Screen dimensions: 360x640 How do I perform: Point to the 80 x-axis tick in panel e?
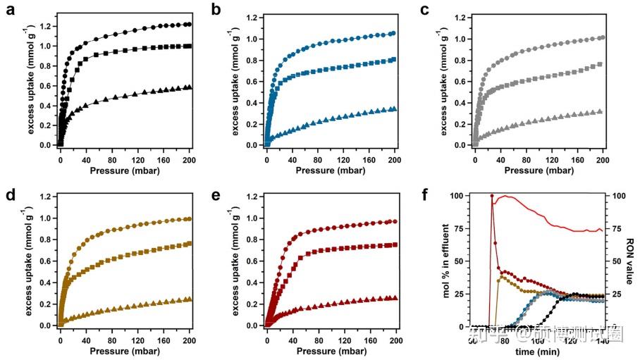click(319, 340)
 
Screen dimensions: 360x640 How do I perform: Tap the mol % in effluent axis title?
click(447, 261)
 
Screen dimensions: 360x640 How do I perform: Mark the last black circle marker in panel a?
click(189, 24)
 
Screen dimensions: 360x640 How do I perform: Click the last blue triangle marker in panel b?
click(394, 109)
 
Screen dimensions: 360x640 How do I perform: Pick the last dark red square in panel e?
click(394, 245)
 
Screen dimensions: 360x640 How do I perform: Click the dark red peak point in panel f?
click(492, 196)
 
